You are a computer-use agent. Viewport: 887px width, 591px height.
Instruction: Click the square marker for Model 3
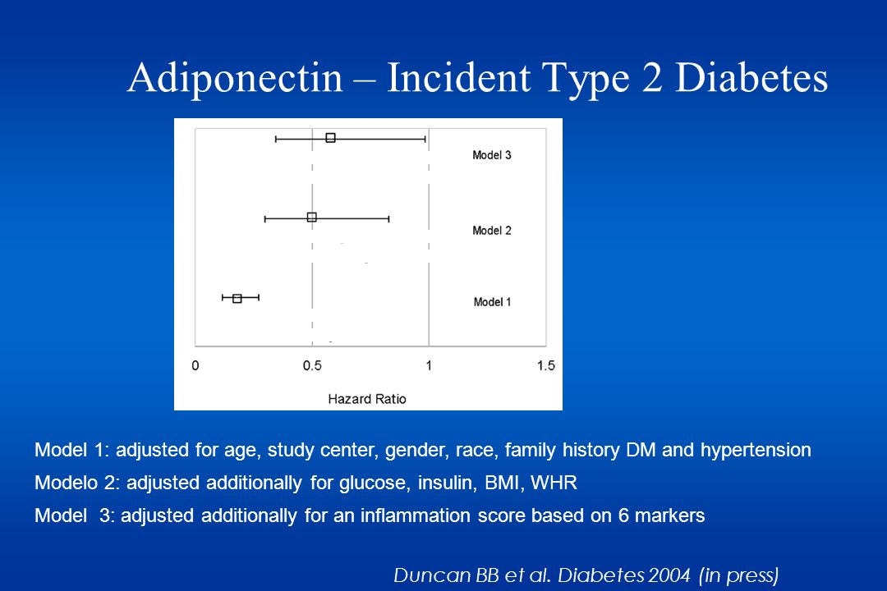pos(331,137)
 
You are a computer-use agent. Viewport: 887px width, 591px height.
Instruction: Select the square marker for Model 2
pos(312,218)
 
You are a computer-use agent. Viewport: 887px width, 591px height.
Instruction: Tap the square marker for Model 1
pos(237,298)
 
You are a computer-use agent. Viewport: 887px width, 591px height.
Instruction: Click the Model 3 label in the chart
pos(492,155)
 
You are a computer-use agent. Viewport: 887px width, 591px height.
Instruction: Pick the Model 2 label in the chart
pos(492,230)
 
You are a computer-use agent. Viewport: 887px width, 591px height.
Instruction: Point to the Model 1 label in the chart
pos(492,302)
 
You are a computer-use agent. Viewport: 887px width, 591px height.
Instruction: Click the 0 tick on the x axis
pos(195,365)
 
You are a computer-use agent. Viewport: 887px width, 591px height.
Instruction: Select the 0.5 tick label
pos(312,365)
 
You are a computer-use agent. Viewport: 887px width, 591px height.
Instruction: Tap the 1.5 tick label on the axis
pos(546,365)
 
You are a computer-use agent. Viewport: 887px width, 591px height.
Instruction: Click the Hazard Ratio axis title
pos(367,399)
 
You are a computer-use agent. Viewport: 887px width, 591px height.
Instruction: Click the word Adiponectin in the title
pos(236,77)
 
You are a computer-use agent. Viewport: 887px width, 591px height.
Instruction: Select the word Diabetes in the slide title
pos(751,77)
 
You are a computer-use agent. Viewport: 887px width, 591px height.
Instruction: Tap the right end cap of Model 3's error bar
pos(425,138)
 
